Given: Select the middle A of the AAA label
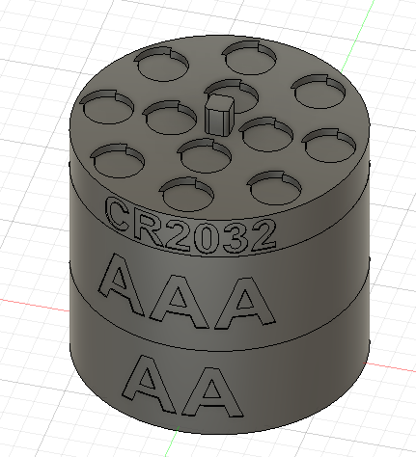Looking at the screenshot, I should point(182,300).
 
